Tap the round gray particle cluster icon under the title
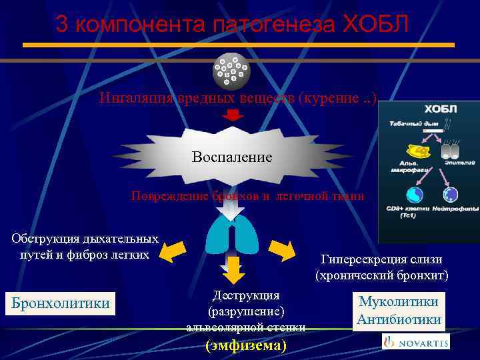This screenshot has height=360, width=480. tap(231, 71)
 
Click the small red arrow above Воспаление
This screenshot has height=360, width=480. tap(232, 115)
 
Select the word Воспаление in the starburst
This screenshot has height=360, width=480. tap(232, 157)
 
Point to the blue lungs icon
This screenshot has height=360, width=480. tap(231, 236)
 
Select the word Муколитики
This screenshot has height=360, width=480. tap(399, 301)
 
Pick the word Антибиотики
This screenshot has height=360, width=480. tap(399, 319)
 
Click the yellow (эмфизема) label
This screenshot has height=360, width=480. tap(246, 346)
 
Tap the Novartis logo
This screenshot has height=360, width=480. tap(416, 342)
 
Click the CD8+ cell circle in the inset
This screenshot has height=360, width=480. tap(415, 194)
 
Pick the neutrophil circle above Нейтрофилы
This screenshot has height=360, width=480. tap(451, 195)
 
